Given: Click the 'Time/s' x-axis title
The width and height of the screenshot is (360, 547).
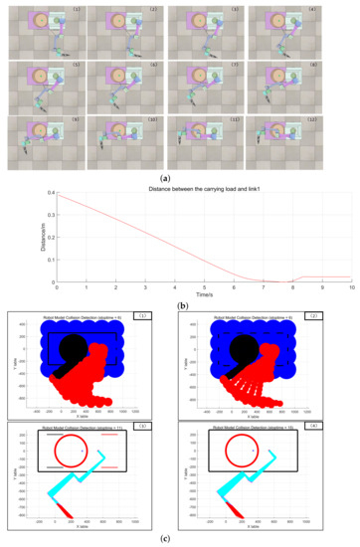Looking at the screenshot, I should coord(205,295).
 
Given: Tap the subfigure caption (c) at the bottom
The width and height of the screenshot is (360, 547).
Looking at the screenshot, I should coord(180,540).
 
